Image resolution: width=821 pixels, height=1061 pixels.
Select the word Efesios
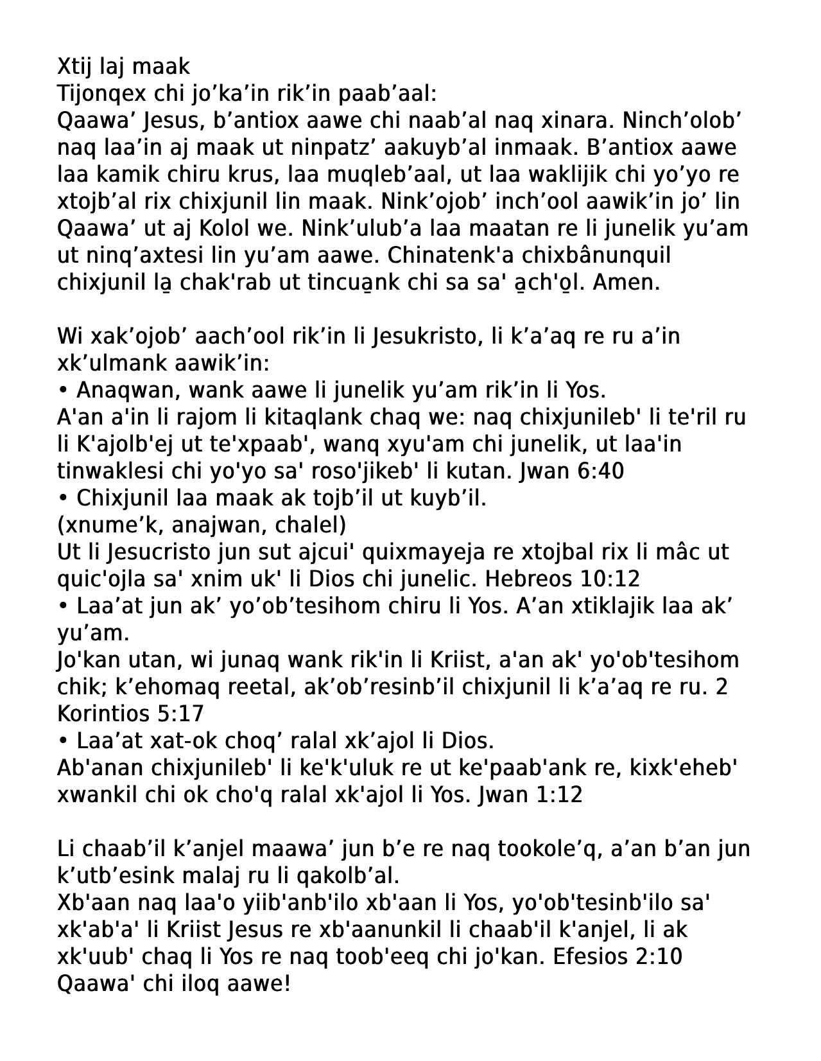(592, 957)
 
